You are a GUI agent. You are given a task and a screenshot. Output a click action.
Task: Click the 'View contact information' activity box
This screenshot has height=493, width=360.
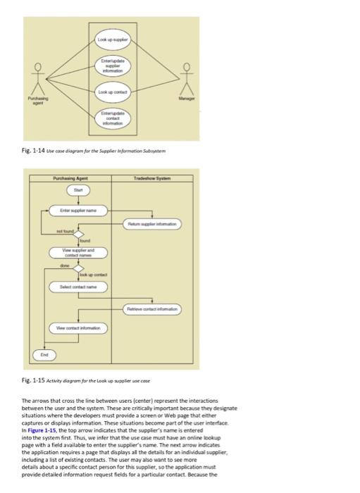[x=78, y=327]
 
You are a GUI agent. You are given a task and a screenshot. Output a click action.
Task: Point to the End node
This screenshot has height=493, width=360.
[x=44, y=355]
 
